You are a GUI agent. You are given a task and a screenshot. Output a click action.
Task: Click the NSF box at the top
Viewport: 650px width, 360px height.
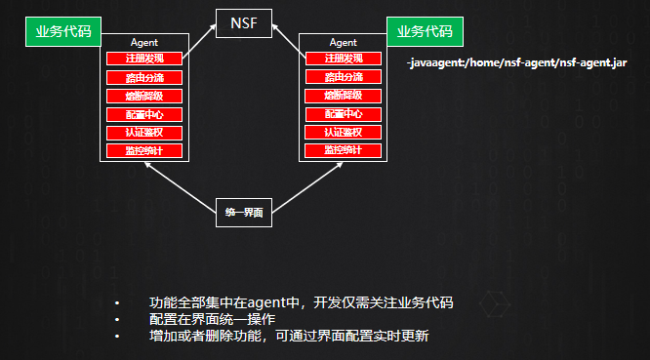click(243, 22)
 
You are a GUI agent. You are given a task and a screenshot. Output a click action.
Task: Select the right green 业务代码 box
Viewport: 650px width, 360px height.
click(425, 31)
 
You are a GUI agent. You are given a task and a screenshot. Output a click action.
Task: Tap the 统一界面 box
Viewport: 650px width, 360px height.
click(243, 212)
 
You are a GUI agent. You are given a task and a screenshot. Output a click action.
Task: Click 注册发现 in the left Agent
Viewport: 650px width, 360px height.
click(143, 59)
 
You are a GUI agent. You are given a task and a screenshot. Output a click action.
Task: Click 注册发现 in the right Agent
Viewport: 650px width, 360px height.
click(343, 59)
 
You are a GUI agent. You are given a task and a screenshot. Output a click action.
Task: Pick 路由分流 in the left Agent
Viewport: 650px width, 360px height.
click(143, 77)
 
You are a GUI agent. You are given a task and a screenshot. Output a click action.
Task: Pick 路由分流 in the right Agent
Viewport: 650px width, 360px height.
click(343, 77)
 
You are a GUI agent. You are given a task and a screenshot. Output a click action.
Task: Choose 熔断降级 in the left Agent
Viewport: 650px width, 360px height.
click(143, 96)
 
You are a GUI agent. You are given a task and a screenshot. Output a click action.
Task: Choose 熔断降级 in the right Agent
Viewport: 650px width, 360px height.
click(343, 96)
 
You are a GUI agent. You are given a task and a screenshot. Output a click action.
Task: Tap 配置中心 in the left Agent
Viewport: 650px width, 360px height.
click(143, 114)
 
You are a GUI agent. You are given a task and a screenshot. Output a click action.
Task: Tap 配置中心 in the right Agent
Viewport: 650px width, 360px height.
click(343, 114)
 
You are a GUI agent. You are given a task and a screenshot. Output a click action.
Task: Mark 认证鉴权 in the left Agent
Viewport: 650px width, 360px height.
click(143, 132)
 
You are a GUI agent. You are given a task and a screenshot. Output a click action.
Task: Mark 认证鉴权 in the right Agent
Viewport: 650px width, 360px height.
click(343, 132)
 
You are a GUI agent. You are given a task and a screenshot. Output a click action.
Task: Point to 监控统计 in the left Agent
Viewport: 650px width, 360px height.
click(143, 150)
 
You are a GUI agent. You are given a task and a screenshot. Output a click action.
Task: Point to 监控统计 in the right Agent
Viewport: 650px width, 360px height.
click(343, 150)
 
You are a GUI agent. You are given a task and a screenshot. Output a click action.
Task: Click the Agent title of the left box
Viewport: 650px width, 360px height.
click(143, 42)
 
